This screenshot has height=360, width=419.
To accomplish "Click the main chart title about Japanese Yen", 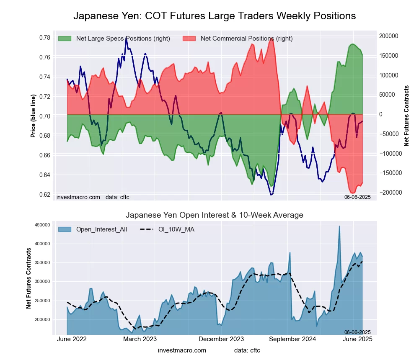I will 215,16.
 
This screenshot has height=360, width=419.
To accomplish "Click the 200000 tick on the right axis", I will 389,36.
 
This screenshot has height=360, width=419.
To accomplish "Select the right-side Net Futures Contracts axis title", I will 406,116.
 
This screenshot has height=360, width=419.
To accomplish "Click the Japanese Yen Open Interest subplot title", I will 215,215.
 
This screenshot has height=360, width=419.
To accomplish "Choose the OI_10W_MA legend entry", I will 176,229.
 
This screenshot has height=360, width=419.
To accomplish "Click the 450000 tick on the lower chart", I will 43,225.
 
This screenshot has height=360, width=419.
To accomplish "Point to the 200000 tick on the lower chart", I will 43,319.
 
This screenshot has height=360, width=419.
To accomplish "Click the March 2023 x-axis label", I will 140,339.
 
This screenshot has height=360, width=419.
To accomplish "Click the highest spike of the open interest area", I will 339,226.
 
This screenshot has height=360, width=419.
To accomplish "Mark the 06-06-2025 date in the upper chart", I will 357,197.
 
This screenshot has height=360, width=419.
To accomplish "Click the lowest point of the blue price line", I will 271,195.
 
